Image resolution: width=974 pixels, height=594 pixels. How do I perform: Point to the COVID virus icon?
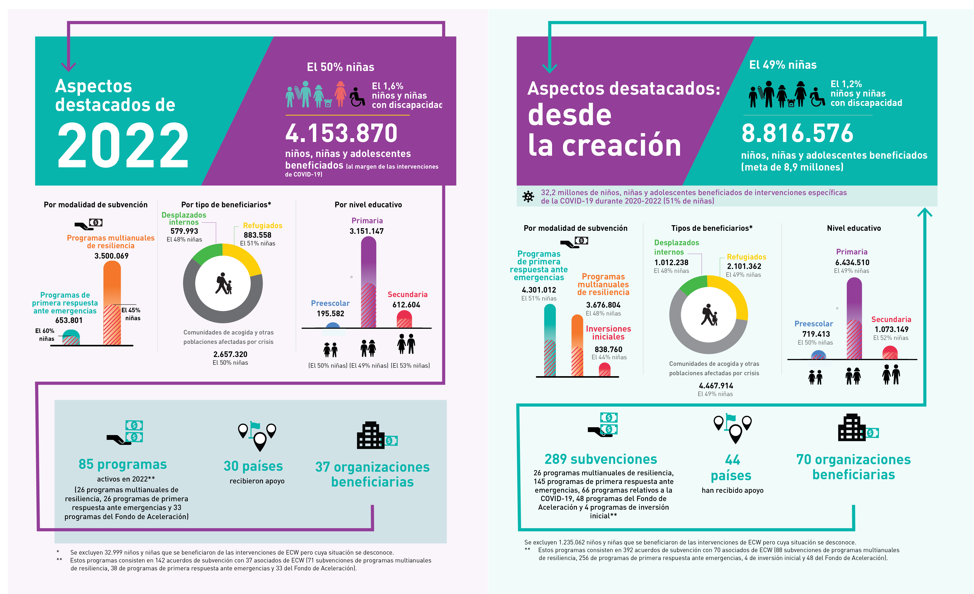pyautogui.click(x=528, y=196)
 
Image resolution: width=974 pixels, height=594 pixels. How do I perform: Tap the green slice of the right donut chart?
pyautogui.click(x=693, y=285)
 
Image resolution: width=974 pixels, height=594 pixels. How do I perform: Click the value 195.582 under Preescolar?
pyautogui.click(x=330, y=313)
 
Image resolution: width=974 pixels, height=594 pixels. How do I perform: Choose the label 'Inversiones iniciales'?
pyautogui.click(x=608, y=333)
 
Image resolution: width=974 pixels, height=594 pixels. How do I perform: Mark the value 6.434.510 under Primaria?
pyautogui.click(x=852, y=262)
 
